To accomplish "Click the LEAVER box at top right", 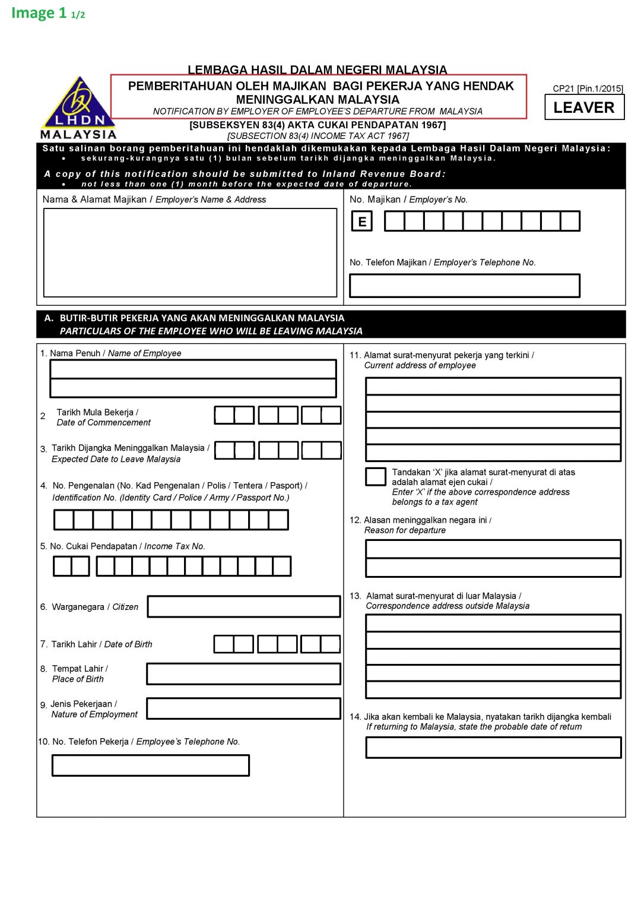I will pos(584,107).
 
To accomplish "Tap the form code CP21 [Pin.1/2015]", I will pos(588,88).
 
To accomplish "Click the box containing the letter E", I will pos(361,221).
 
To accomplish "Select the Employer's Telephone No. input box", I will pos(464,286).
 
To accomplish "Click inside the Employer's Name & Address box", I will pos(190,252).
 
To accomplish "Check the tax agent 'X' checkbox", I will pos(375,476).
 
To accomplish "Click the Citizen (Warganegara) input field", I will pos(243,606).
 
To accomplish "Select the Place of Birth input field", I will pos(243,674).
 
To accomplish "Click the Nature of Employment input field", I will pos(243,708).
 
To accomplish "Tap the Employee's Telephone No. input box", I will pos(150,765).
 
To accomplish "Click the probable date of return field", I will pos(493,748).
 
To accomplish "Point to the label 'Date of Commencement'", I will pos(103,423).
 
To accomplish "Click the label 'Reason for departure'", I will pos(405,530).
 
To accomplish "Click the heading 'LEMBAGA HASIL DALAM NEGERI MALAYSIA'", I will pos(318,69).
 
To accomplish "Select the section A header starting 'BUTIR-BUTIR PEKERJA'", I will pos(202,318).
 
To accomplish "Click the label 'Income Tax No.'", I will pos(174,546).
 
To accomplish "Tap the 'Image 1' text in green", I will pos(39,13).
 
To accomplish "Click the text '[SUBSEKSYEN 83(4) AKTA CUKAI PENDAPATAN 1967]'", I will pos(318,125).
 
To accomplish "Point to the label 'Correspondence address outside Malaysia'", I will pos(448,606).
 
